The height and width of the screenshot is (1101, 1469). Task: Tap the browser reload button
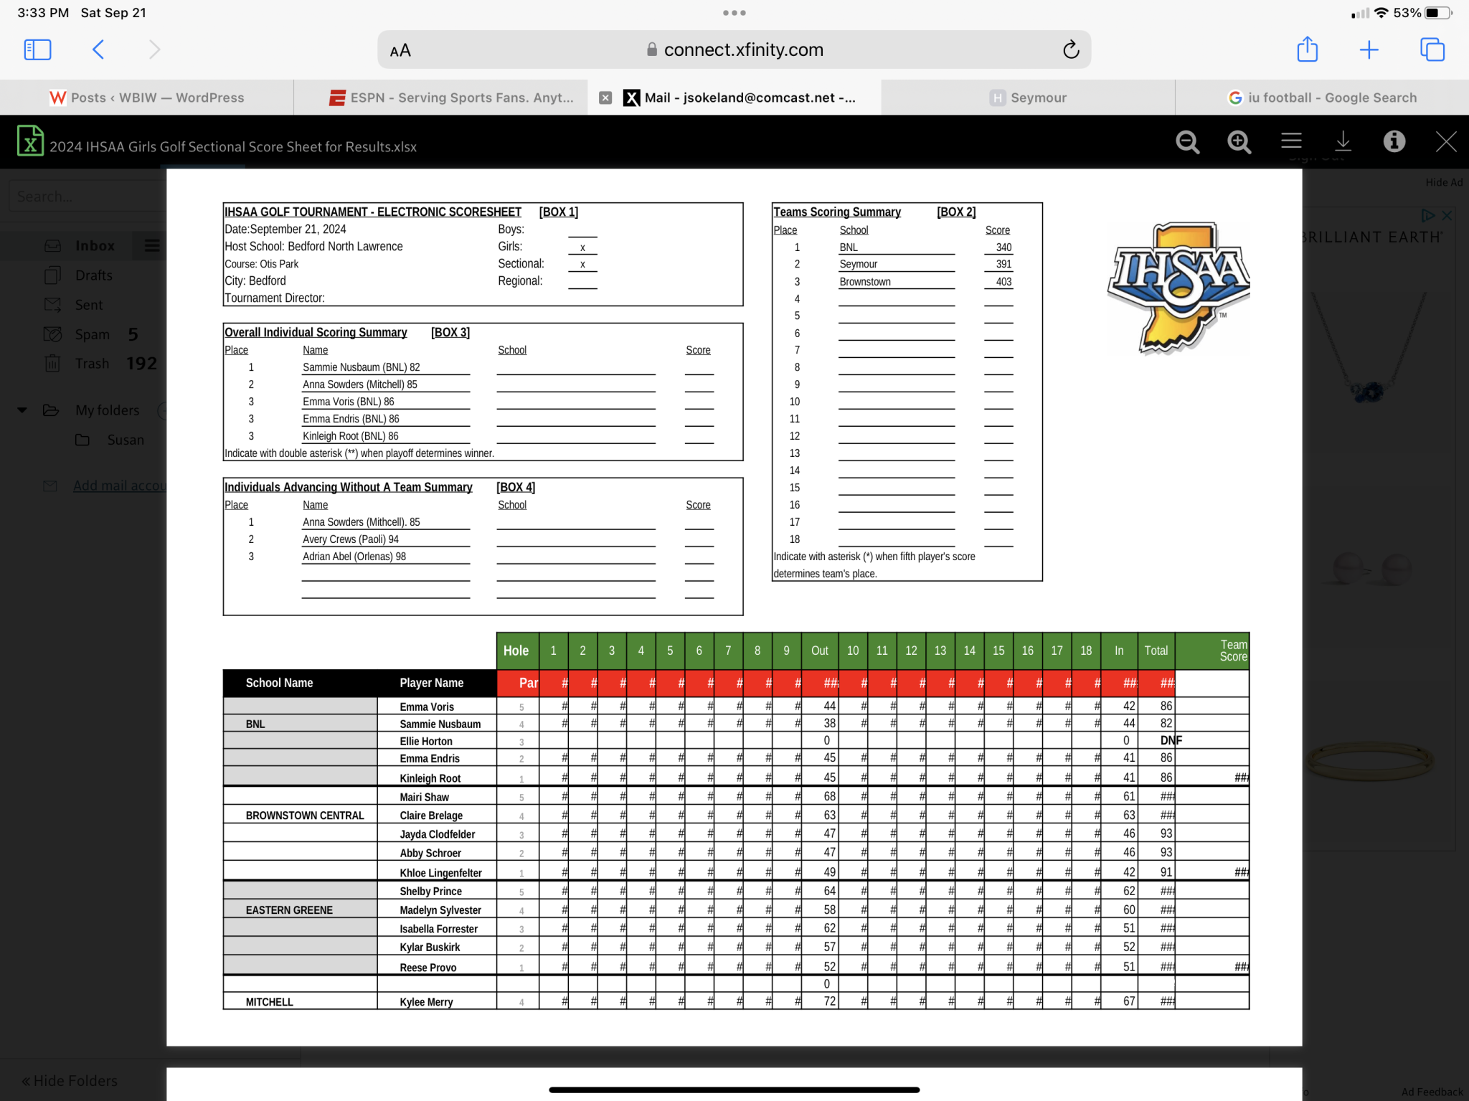click(x=1070, y=49)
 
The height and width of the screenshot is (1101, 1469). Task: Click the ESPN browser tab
click(x=451, y=98)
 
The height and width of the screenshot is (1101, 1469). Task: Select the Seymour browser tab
click(x=1028, y=98)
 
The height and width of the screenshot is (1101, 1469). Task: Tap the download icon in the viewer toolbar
click(x=1343, y=141)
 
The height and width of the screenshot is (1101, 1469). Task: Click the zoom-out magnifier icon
click(x=1188, y=142)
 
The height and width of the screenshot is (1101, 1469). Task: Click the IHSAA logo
click(x=1178, y=288)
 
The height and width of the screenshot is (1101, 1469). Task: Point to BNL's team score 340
click(x=1003, y=247)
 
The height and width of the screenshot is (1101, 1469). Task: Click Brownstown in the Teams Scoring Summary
click(x=865, y=282)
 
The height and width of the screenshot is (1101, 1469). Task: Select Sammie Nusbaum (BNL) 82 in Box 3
click(x=361, y=367)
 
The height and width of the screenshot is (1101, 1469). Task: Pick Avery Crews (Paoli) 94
click(x=350, y=539)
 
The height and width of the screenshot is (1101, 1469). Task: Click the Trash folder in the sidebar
click(x=93, y=364)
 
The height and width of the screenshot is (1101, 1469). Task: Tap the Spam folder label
click(x=93, y=334)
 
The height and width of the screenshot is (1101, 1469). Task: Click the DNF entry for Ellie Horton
click(x=1171, y=740)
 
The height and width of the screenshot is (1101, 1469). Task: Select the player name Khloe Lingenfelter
click(x=440, y=873)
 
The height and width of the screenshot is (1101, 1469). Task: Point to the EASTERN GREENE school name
click(x=289, y=910)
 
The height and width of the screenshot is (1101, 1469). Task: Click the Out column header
click(x=819, y=651)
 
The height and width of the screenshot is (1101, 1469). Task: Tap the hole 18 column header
click(x=1086, y=651)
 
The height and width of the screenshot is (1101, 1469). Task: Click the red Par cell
click(x=528, y=683)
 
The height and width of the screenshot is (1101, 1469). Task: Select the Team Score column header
click(x=1232, y=651)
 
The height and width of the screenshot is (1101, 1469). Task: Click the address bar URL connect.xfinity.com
click(x=743, y=49)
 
